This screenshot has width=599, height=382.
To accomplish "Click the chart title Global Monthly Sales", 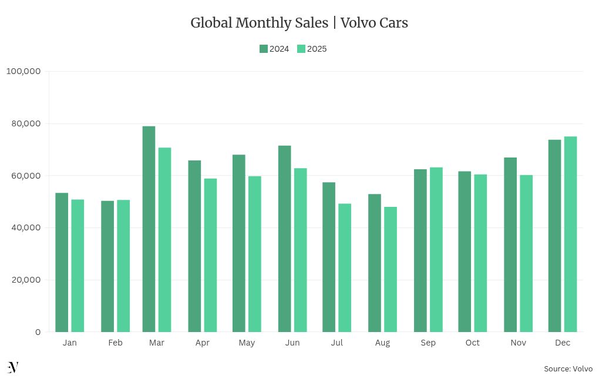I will coord(299,23).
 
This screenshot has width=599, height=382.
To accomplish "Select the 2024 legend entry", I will coord(274,49).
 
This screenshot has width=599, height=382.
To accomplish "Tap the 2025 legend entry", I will coord(312,49).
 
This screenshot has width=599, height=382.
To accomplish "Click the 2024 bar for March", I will coord(149,229).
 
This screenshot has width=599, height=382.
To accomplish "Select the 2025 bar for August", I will coord(391,269).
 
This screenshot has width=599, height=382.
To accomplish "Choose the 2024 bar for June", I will coord(284,239).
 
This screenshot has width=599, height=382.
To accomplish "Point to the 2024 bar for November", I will coord(510,244).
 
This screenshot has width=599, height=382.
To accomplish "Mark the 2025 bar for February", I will coord(123,266).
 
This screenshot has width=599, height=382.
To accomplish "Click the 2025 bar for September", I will coord(436,250).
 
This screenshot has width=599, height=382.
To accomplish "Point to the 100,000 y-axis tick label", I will coord(23,71).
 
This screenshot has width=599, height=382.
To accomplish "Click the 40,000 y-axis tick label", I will coord(25,227).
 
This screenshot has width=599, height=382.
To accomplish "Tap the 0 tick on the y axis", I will coord(38,332).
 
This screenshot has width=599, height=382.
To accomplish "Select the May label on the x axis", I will coord(247,343).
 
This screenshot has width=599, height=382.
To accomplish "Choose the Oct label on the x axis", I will coord(472,343).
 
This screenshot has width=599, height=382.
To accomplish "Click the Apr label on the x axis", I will coord(202,343).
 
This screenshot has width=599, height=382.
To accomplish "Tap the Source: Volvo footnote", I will coord(568,368).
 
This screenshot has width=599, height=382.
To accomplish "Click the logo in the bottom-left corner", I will coord(13,367).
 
